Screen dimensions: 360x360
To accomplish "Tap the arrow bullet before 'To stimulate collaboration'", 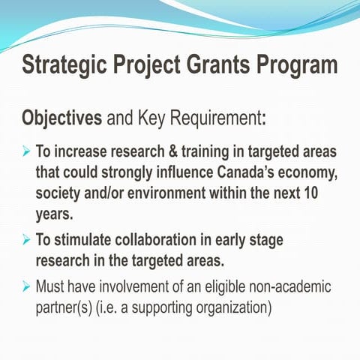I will tap(26, 242).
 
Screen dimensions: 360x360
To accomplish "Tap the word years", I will tap(55, 213).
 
